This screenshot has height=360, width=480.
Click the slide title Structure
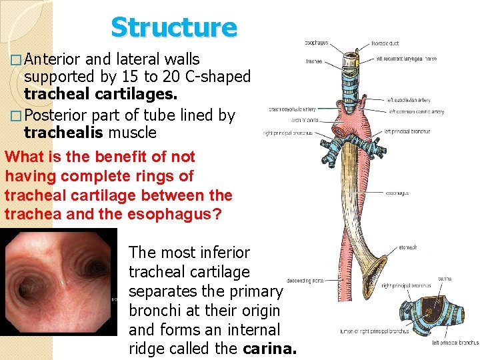174,27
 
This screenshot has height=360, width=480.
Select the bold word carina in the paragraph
269,349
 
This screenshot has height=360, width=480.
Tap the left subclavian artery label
409,101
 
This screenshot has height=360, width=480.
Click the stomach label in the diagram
408,247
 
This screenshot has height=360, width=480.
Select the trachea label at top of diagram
313,61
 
